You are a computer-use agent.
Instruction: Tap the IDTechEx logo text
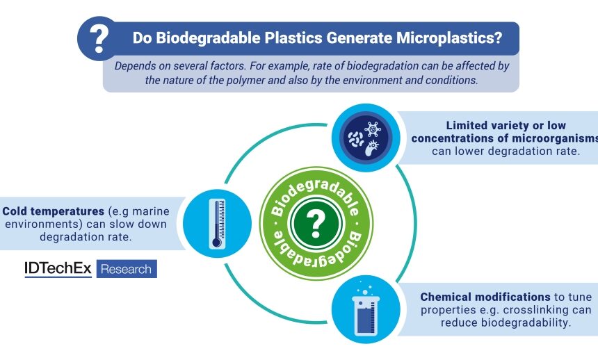click(58, 269)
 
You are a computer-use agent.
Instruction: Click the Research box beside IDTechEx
click(126, 269)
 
